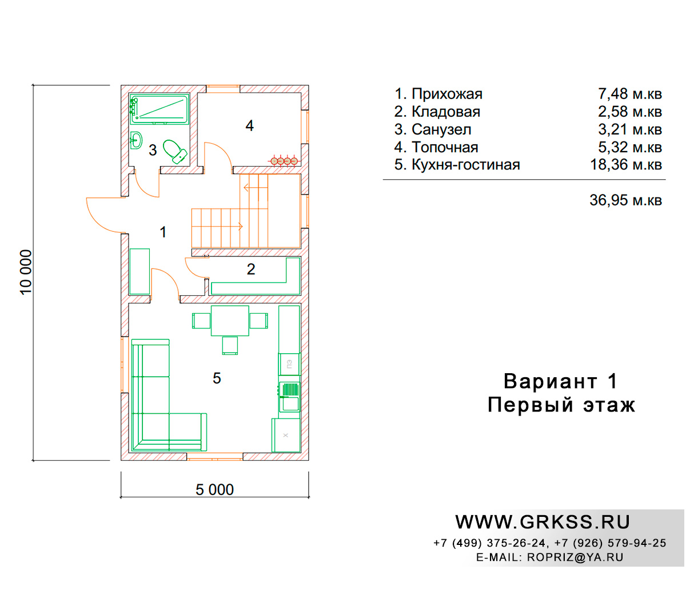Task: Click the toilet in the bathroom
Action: click(175, 152)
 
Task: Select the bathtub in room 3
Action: click(159, 109)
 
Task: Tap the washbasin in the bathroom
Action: click(136, 140)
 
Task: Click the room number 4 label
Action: click(249, 125)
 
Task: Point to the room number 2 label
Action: click(251, 269)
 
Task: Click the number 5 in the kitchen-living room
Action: click(217, 378)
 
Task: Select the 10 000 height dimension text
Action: click(26, 272)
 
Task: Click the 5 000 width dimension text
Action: click(214, 489)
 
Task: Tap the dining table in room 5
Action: click(230, 321)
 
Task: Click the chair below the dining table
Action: click(230, 346)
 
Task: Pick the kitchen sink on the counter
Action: click(289, 397)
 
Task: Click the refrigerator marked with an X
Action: click(286, 435)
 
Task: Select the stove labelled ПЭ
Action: click(289, 364)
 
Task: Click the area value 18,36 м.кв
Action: click(625, 164)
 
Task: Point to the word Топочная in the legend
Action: click(445, 147)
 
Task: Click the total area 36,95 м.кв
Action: click(625, 200)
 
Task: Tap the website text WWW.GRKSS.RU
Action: click(543, 522)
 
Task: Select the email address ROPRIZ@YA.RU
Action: click(575, 557)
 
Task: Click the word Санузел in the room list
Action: click(441, 129)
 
